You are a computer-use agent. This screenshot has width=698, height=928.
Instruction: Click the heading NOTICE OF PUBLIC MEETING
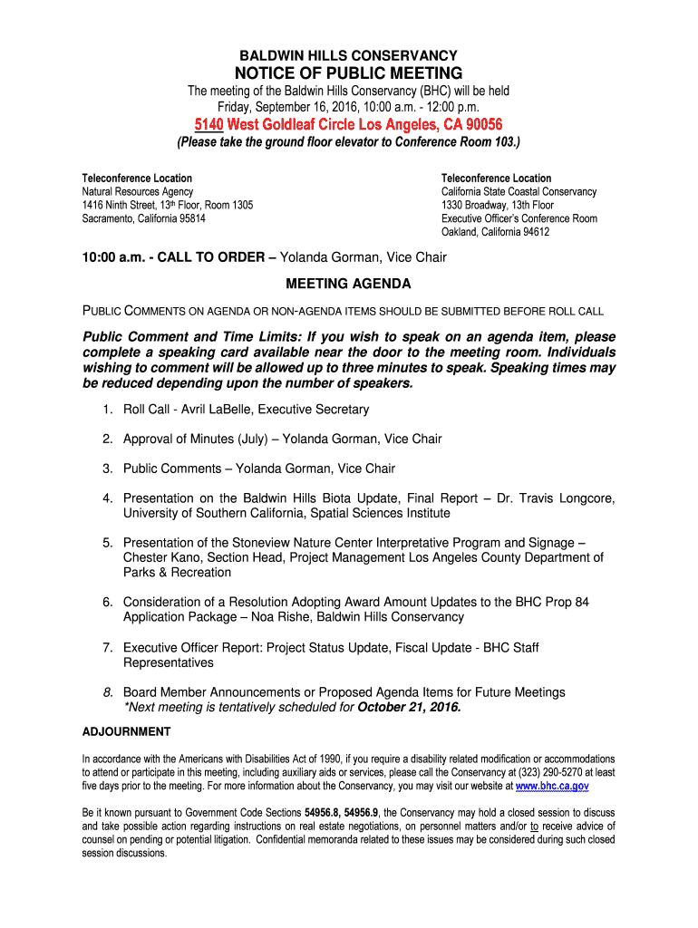coord(349,73)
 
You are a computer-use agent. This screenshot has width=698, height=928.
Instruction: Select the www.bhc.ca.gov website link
coord(552,787)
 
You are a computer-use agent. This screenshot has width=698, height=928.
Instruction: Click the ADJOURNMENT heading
coord(126,731)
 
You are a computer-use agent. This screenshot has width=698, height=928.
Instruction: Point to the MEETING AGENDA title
coord(349,284)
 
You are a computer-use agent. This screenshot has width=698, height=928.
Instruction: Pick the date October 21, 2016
coord(410,707)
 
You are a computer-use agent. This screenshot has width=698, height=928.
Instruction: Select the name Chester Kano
coord(160,557)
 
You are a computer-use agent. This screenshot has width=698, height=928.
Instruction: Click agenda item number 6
coord(107,602)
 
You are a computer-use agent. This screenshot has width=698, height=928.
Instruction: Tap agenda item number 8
coord(107,692)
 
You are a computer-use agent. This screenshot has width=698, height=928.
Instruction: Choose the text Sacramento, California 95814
coord(143,218)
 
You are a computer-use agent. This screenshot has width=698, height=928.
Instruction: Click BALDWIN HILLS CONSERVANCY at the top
coord(349,55)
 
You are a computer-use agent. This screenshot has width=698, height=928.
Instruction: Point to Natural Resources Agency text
coord(138,192)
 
